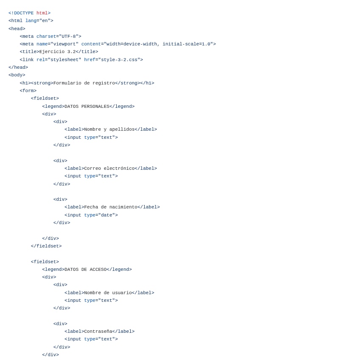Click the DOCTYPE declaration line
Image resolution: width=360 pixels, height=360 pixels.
point(29,13)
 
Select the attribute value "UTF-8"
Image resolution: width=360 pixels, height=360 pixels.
point(69,37)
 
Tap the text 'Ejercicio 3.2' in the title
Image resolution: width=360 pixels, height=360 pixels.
point(57,52)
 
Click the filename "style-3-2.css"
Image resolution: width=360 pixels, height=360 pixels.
point(119,60)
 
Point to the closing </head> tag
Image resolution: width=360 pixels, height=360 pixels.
point(18,67)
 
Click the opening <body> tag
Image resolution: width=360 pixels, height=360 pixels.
point(17,75)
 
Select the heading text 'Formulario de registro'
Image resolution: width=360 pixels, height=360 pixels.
point(84,83)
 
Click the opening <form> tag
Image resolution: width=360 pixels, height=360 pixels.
point(28,91)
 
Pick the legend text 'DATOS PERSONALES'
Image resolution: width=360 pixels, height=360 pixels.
point(87,107)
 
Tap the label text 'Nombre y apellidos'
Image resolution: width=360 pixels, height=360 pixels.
point(109,129)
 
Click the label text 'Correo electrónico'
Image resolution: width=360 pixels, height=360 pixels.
point(109,169)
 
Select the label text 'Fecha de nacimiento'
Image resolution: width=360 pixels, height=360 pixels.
point(111,207)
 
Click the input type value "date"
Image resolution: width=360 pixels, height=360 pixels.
point(107,215)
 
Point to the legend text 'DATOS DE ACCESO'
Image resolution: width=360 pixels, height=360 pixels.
point(85,270)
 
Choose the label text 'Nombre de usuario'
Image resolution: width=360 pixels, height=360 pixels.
point(108,293)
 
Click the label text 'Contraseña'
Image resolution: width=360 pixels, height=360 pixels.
point(98,332)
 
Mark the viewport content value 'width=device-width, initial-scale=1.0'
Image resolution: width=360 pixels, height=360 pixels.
point(158,44)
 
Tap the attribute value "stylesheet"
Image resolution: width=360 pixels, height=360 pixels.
point(65,60)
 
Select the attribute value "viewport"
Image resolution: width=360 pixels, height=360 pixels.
point(65,44)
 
